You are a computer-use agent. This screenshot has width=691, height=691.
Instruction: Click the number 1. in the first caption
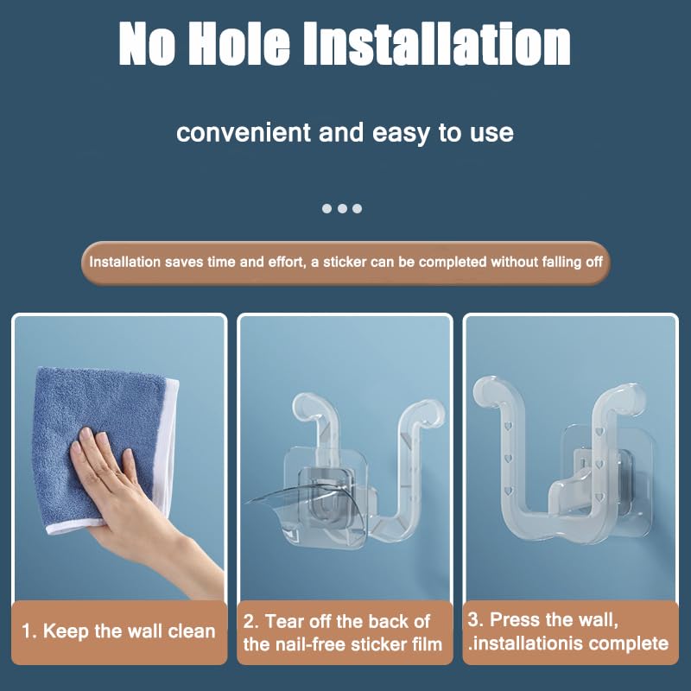click(29, 631)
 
